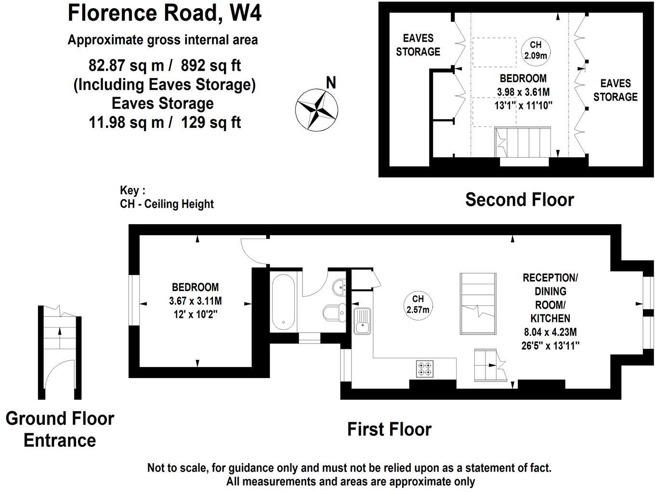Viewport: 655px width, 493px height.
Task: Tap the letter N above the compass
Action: [331, 83]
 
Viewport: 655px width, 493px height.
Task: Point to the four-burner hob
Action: [424, 368]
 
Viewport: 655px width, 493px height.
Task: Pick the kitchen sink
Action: [362, 321]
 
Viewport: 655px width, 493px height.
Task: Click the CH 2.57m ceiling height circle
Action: [418, 304]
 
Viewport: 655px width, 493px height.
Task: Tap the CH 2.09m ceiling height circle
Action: [536, 50]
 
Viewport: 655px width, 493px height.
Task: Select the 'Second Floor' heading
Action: [519, 200]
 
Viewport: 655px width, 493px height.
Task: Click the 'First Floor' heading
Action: [389, 429]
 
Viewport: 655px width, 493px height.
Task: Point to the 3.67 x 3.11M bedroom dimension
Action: [195, 302]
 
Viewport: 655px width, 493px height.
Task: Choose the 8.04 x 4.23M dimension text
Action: [550, 332]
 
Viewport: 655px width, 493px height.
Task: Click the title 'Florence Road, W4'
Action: [165, 13]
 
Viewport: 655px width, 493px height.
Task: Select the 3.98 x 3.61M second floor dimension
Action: [523, 92]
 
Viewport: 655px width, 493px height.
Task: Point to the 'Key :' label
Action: [132, 190]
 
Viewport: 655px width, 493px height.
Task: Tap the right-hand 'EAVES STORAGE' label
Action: [615, 90]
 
